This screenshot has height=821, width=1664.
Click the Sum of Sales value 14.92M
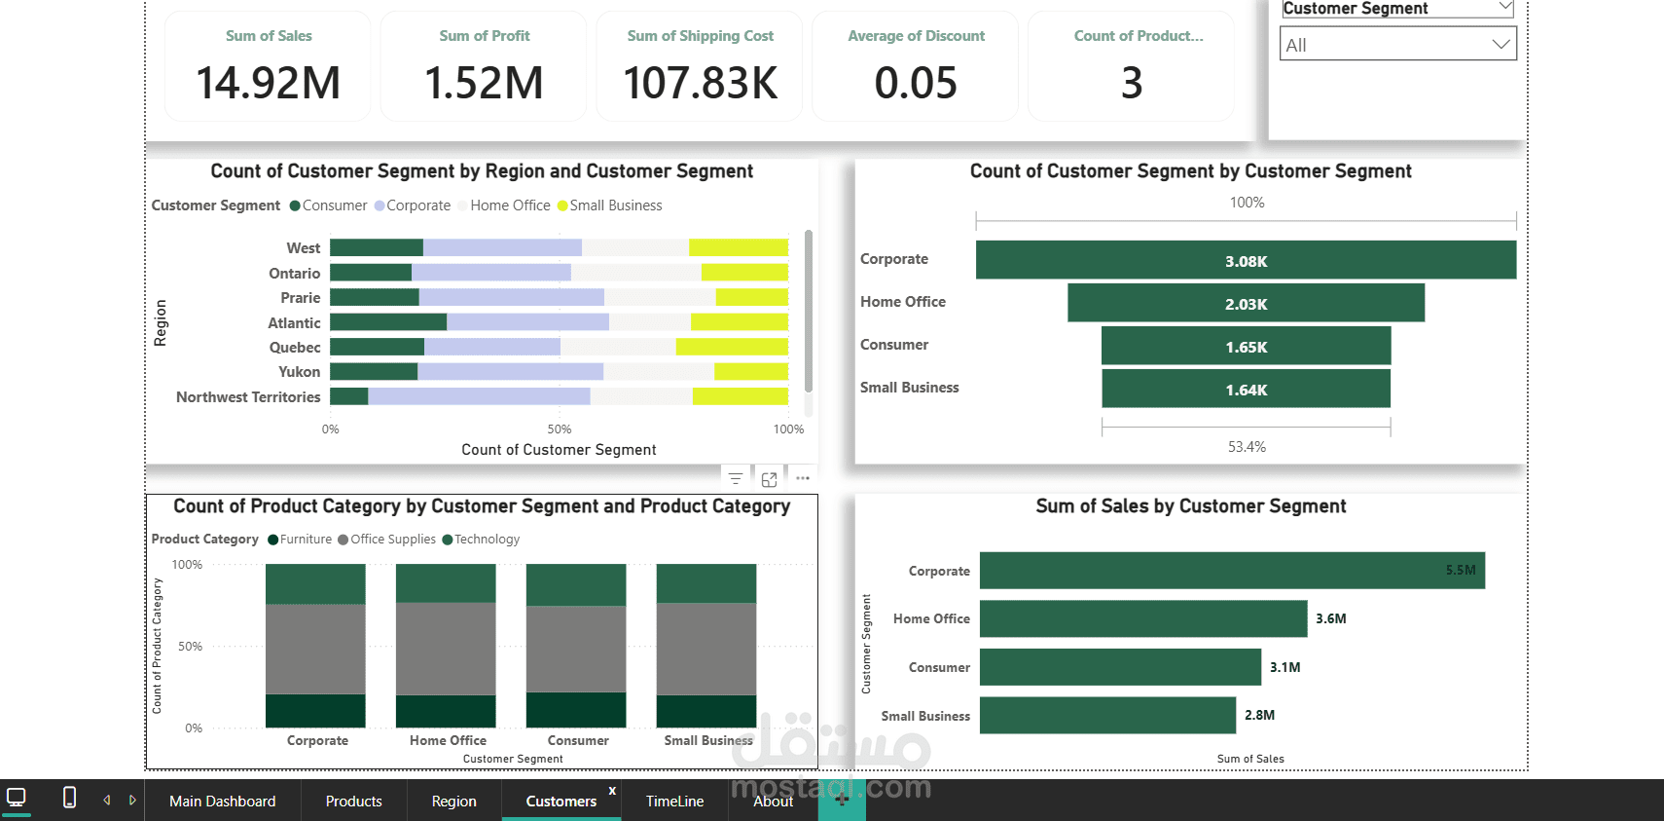[269, 83]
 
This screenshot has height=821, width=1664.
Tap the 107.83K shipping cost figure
[700, 83]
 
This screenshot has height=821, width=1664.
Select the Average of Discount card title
[916, 36]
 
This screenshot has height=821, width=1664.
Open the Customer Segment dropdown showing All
[1397, 44]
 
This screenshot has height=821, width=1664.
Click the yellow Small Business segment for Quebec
[732, 347]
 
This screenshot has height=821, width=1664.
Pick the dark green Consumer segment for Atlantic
[388, 322]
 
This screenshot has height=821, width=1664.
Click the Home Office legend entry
[509, 205]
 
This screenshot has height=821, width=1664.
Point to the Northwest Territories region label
[248, 397]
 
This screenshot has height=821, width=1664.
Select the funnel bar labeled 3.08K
[1246, 260]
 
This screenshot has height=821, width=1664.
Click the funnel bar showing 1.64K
[1246, 390]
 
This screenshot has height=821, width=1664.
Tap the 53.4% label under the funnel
[1247, 447]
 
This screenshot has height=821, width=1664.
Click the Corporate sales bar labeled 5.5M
[1231, 571]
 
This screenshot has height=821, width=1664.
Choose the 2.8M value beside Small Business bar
[1259, 715]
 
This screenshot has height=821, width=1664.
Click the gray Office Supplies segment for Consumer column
[576, 649]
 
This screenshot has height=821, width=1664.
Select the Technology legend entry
[487, 540]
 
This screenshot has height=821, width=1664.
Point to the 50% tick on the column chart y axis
[190, 647]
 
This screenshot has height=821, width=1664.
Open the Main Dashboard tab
[222, 801]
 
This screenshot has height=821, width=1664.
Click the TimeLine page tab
[674, 801]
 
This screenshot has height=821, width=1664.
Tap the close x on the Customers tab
[612, 790]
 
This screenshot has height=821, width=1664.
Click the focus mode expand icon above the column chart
[769, 479]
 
